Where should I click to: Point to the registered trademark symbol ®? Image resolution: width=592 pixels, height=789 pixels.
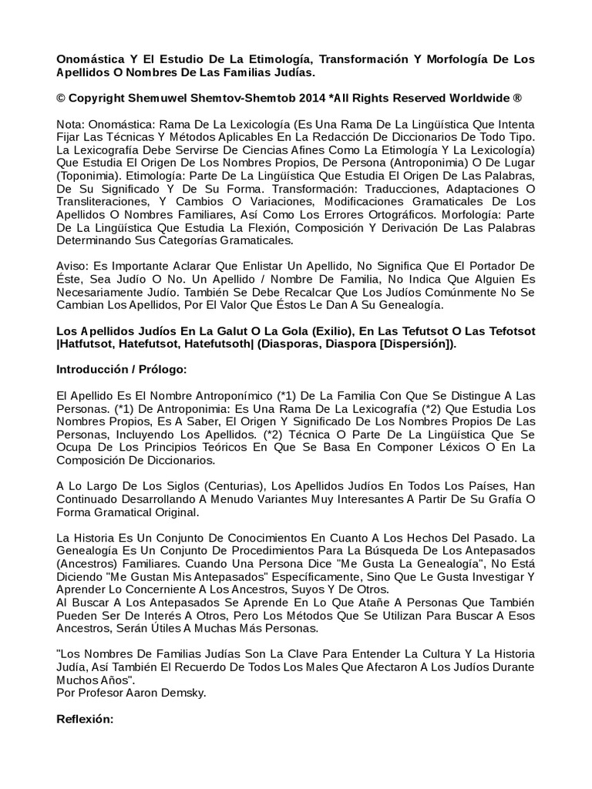[517, 99]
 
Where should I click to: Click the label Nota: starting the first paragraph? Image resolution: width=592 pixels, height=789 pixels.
[72, 125]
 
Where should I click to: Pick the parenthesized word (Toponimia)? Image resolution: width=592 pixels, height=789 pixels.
[89, 175]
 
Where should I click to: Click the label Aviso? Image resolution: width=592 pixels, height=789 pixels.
[74, 265]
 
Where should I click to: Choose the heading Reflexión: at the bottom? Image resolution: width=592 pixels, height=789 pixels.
[86, 718]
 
